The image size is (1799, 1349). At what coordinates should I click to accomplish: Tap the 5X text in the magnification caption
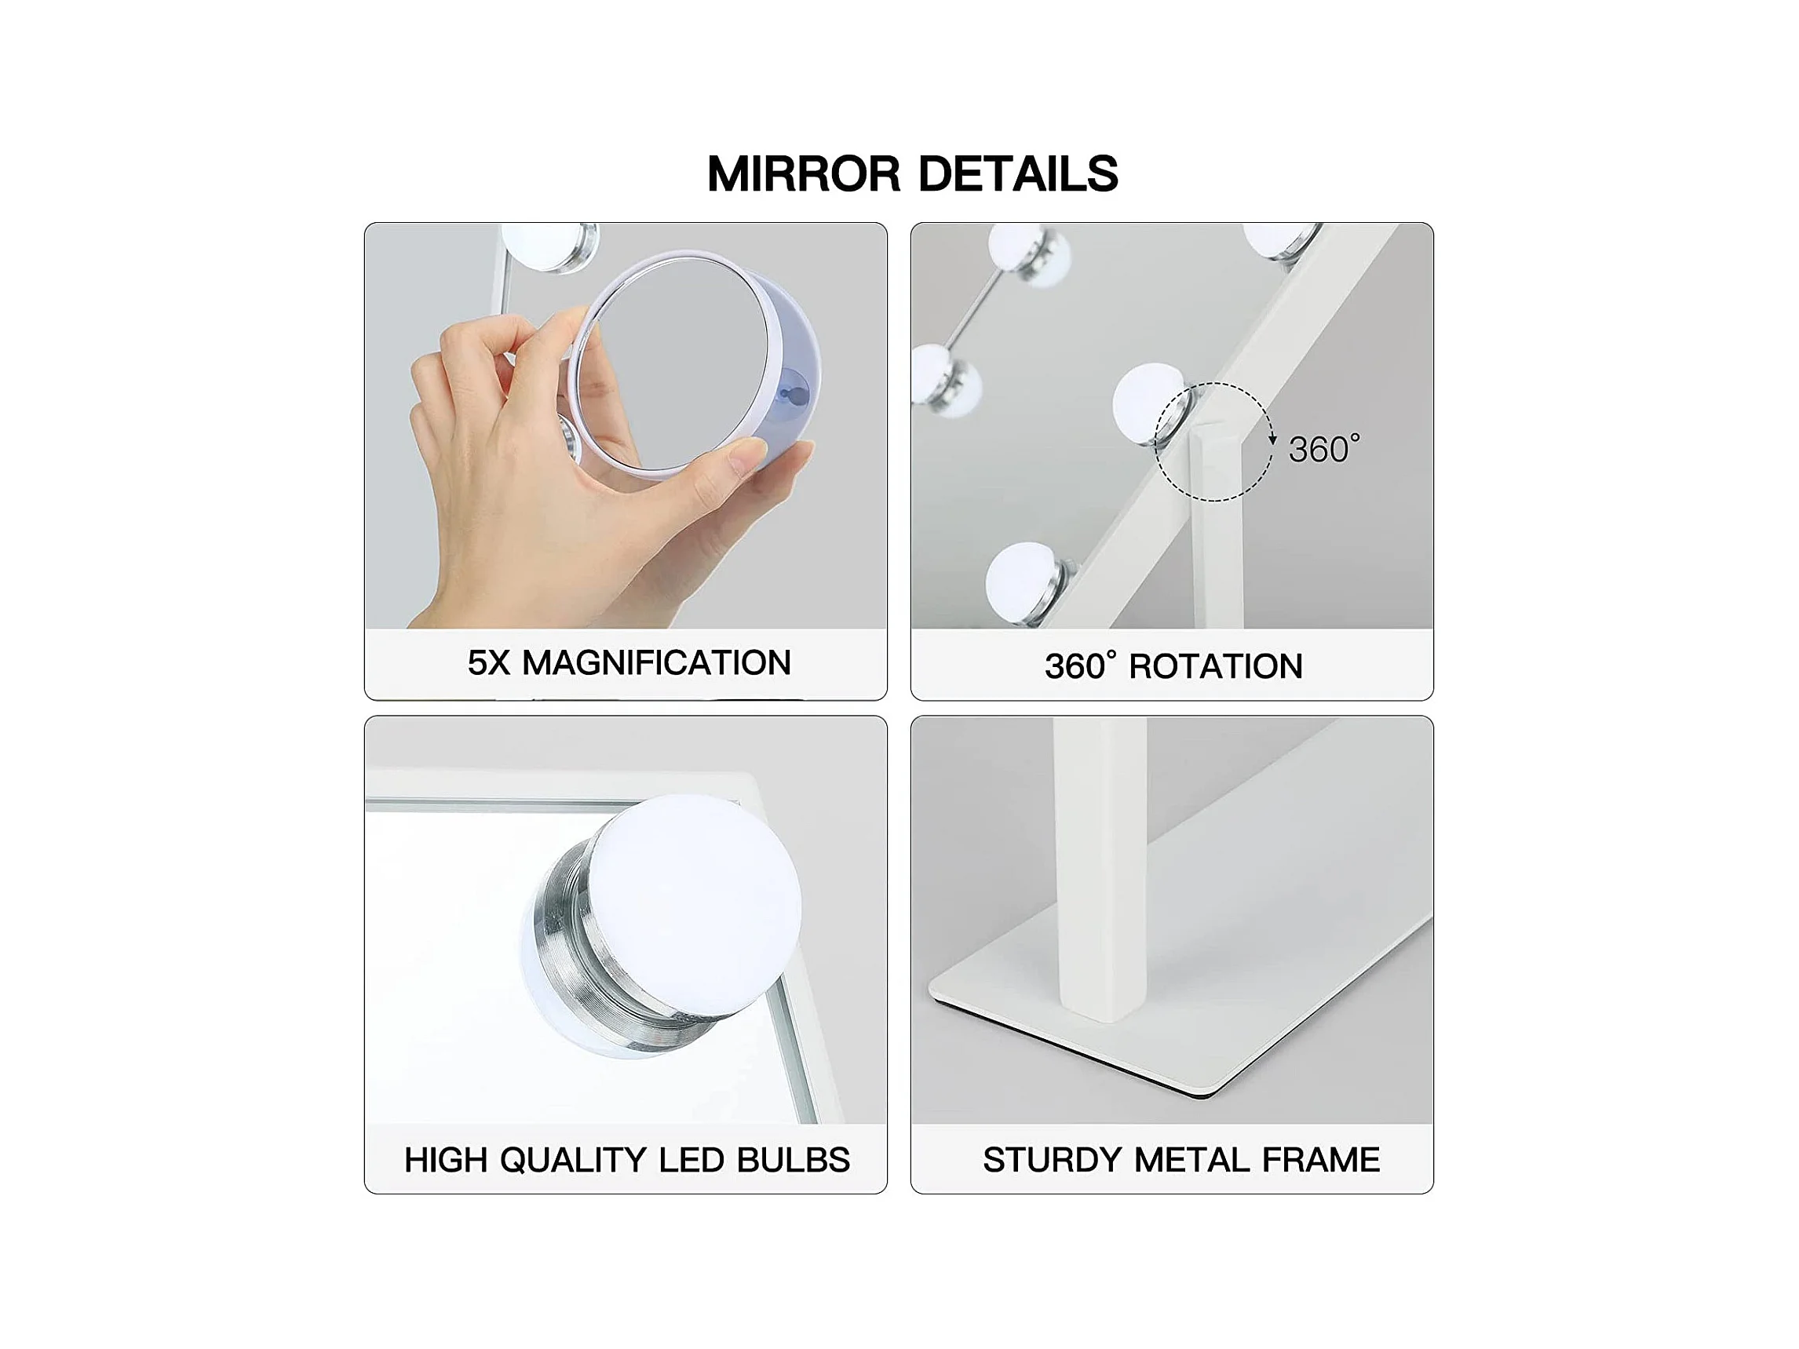pyautogui.click(x=489, y=662)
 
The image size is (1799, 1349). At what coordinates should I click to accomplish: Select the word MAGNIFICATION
pyautogui.click(x=656, y=662)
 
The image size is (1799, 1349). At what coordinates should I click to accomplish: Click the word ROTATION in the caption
pyautogui.click(x=1216, y=667)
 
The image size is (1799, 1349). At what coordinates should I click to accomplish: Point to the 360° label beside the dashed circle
pyautogui.click(x=1324, y=450)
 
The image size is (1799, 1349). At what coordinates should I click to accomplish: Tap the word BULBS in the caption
pyautogui.click(x=793, y=1161)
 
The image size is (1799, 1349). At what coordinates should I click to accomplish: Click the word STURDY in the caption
pyautogui.click(x=1053, y=1160)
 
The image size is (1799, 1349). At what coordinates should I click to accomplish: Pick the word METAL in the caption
pyautogui.click(x=1191, y=1160)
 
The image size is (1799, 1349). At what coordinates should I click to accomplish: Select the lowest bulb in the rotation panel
pyautogui.click(x=1027, y=582)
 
